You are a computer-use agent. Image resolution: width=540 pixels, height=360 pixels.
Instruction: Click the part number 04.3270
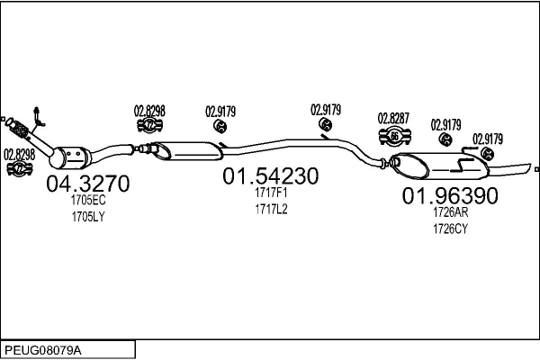pyautogui.click(x=87, y=184)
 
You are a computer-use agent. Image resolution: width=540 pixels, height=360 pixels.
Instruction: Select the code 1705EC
pyautogui.click(x=88, y=202)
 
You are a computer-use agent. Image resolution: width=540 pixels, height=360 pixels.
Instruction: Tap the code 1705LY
pyautogui.click(x=88, y=217)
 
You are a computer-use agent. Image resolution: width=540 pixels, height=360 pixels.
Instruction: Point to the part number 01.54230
pyautogui.click(x=271, y=177)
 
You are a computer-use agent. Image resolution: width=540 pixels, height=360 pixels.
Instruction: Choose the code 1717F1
pyautogui.click(x=271, y=193)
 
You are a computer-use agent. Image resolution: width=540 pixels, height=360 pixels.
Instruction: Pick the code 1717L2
pyautogui.click(x=271, y=209)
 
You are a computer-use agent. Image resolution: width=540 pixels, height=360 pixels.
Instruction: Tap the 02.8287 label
pyautogui.click(x=393, y=118)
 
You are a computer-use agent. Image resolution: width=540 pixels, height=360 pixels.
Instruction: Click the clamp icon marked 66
pyautogui.click(x=394, y=137)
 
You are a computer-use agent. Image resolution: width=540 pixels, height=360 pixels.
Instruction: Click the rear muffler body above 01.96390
pyautogui.click(x=441, y=166)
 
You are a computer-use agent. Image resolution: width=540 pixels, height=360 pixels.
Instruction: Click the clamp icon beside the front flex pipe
pyautogui.click(x=19, y=168)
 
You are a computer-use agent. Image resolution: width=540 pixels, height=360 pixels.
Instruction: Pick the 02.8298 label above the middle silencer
pyautogui.click(x=149, y=111)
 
